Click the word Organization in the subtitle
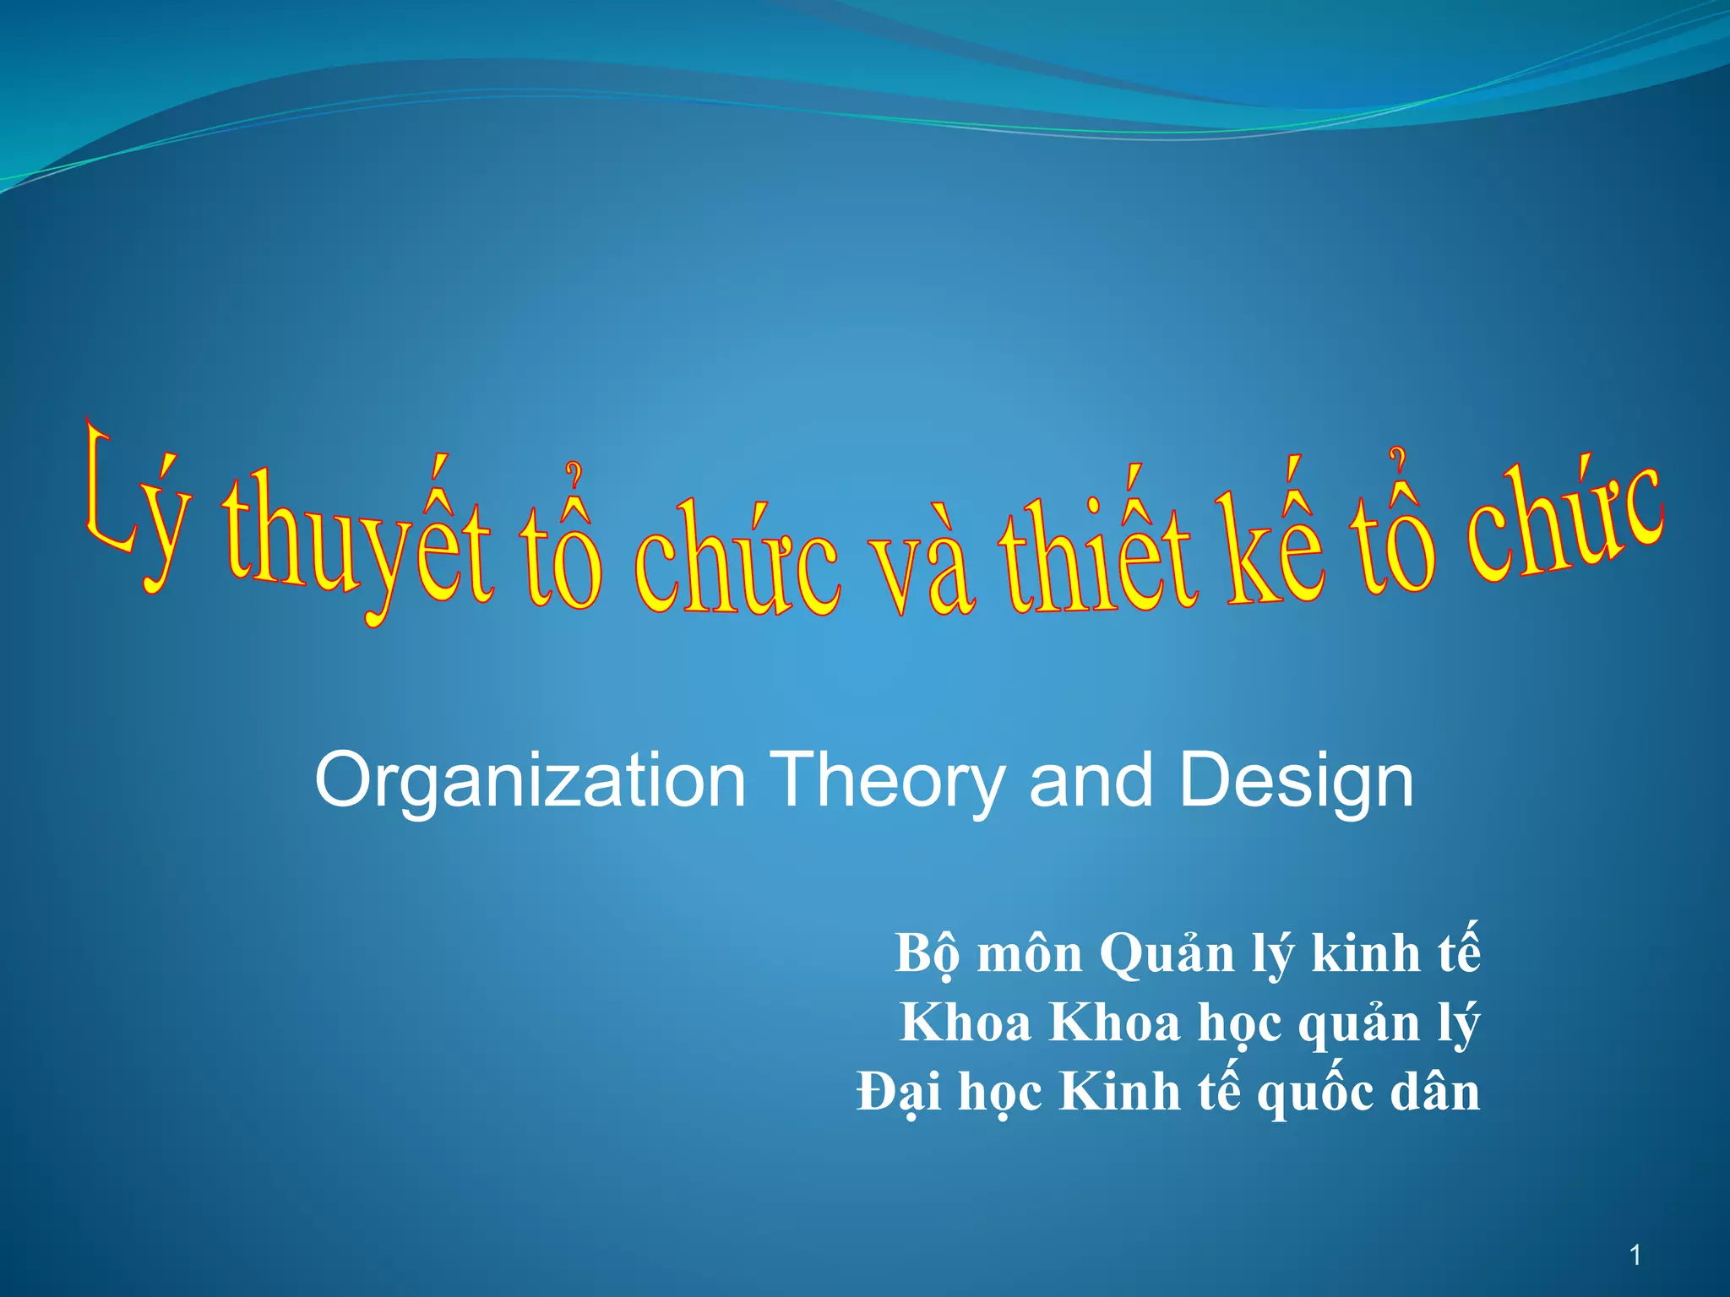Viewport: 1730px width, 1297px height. [530, 782]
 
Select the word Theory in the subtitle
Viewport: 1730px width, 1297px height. [887, 782]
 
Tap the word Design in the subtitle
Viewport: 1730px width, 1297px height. [1296, 782]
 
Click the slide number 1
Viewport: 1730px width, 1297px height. [1635, 1256]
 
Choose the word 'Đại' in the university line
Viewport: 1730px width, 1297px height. [899, 1093]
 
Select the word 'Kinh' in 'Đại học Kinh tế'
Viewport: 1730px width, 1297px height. [1120, 1093]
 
